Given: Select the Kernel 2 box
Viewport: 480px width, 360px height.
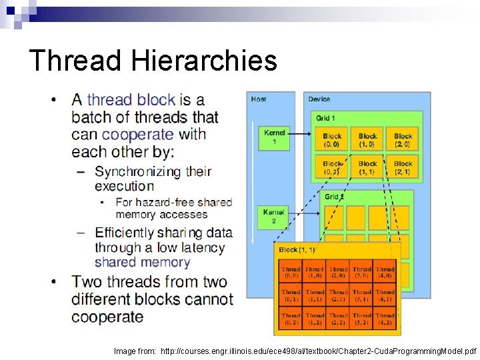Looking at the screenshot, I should pyautogui.click(x=273, y=216).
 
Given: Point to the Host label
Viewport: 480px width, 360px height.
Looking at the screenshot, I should pyautogui.click(x=259, y=99).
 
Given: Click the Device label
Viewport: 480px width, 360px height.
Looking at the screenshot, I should pyautogui.click(x=319, y=99).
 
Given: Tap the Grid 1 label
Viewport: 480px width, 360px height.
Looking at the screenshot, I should pyautogui.click(x=325, y=118).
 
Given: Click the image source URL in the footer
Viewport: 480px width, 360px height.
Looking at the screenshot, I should pyautogui.click(x=319, y=350).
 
